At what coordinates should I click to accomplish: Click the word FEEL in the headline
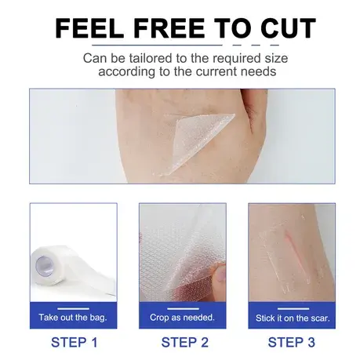89,28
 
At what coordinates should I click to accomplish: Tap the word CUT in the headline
288,28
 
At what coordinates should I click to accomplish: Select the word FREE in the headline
169,28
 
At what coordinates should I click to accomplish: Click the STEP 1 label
75,342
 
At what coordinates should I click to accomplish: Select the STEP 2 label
184,342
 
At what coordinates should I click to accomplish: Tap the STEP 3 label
292,342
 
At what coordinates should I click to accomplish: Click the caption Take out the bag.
73,318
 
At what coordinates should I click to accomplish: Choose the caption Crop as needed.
182,318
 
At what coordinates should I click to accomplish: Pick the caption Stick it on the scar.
293,318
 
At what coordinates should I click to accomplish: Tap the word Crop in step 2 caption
159,318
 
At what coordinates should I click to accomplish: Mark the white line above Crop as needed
183,308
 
